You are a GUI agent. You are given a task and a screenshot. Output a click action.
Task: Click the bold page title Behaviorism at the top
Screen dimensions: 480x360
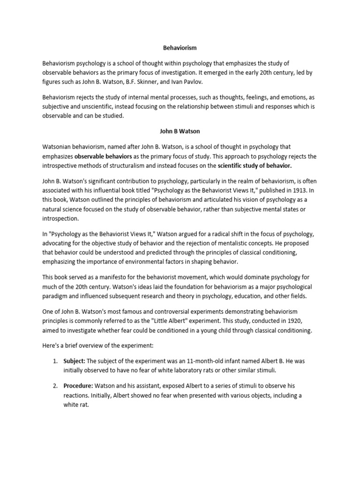pyautogui.click(x=180, y=48)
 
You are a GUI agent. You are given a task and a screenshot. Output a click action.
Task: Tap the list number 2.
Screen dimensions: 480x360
pyautogui.click(x=55, y=386)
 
